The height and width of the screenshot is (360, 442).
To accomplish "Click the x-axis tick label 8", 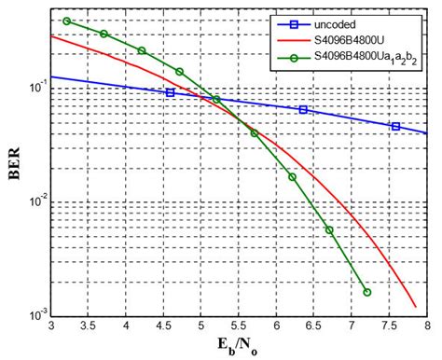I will pyautogui.click(x=426, y=327).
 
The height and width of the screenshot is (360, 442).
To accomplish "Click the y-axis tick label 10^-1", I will pyautogui.click(x=35, y=87).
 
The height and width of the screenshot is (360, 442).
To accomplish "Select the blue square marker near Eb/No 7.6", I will pyautogui.click(x=395, y=127).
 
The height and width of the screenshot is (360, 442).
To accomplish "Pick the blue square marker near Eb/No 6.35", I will pyautogui.click(x=303, y=110).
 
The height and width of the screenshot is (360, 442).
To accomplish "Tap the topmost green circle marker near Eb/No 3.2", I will pyautogui.click(x=67, y=21).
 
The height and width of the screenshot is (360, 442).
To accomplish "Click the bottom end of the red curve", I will pyautogui.click(x=416, y=307).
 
